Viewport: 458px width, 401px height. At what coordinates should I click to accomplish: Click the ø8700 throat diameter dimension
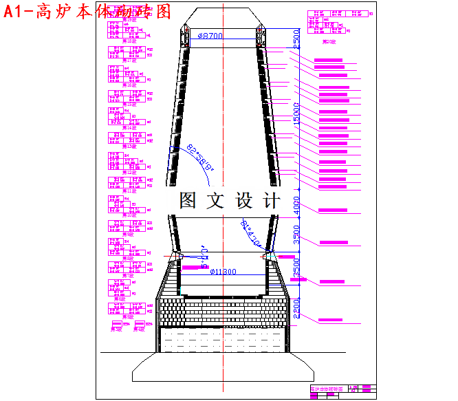pyautogui.click(x=210, y=36)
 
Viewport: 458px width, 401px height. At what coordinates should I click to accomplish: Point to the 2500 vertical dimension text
pyautogui.click(x=296, y=39)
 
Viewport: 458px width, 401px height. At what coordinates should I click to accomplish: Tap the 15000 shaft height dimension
pyautogui.click(x=296, y=113)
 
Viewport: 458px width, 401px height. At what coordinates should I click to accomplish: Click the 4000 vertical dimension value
pyautogui.click(x=296, y=204)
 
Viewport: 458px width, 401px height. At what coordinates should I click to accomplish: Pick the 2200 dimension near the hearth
pyautogui.click(x=296, y=307)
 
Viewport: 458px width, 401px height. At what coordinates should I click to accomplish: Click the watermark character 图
pyautogui.click(x=189, y=201)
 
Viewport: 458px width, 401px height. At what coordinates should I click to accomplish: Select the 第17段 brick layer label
pyautogui.click(x=129, y=61)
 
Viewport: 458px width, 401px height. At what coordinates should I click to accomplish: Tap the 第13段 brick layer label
pyautogui.click(x=129, y=146)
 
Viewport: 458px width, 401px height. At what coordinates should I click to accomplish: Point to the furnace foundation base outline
pyautogui.click(x=223, y=367)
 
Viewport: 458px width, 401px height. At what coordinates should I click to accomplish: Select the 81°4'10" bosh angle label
pyautogui.click(x=252, y=235)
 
